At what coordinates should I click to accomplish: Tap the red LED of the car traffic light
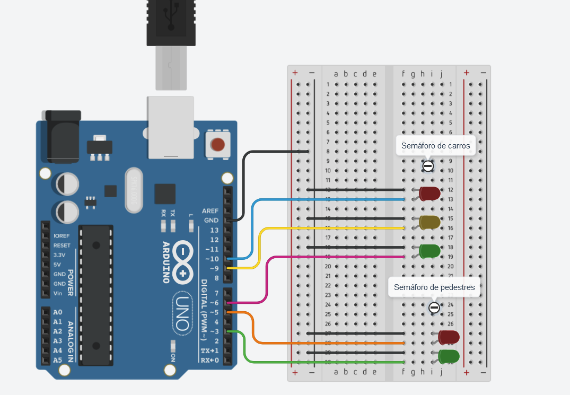tap(429, 194)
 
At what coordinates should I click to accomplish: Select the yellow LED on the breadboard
tap(429, 223)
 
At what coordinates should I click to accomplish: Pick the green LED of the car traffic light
tap(429, 251)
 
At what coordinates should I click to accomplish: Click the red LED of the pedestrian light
tap(449, 337)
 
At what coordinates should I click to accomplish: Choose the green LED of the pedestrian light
tap(449, 356)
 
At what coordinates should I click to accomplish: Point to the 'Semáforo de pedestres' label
tap(434, 287)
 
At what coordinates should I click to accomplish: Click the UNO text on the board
tap(182, 313)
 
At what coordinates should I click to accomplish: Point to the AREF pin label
tap(210, 210)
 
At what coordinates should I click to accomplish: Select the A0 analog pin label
tap(58, 312)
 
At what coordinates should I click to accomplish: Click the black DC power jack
tap(63, 136)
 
